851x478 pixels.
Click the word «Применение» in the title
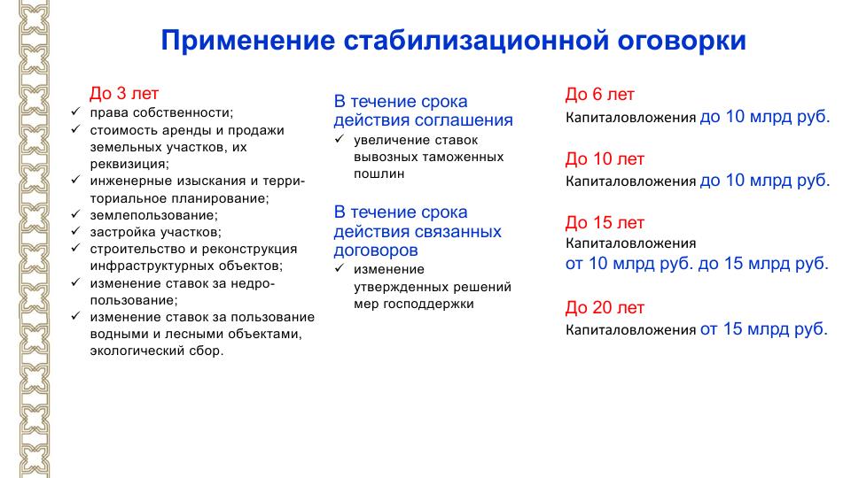click(248, 42)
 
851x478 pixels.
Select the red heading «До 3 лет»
click(124, 93)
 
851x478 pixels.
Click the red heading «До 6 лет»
click(600, 95)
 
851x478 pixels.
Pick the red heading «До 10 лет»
click(605, 158)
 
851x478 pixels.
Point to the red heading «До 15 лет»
click(605, 222)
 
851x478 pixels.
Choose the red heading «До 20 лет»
click(605, 307)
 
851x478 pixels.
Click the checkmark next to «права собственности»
click(75, 112)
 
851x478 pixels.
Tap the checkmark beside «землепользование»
click(75, 214)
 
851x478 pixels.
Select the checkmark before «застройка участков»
click(75, 231)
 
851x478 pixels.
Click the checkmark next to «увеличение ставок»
click(340, 139)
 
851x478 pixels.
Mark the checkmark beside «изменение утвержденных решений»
click(340, 267)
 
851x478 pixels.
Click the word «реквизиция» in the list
click(128, 165)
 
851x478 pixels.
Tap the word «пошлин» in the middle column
click(379, 174)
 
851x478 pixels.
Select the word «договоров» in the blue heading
click(376, 251)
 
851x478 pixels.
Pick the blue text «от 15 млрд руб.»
click(764, 328)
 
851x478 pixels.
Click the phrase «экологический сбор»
click(155, 351)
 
